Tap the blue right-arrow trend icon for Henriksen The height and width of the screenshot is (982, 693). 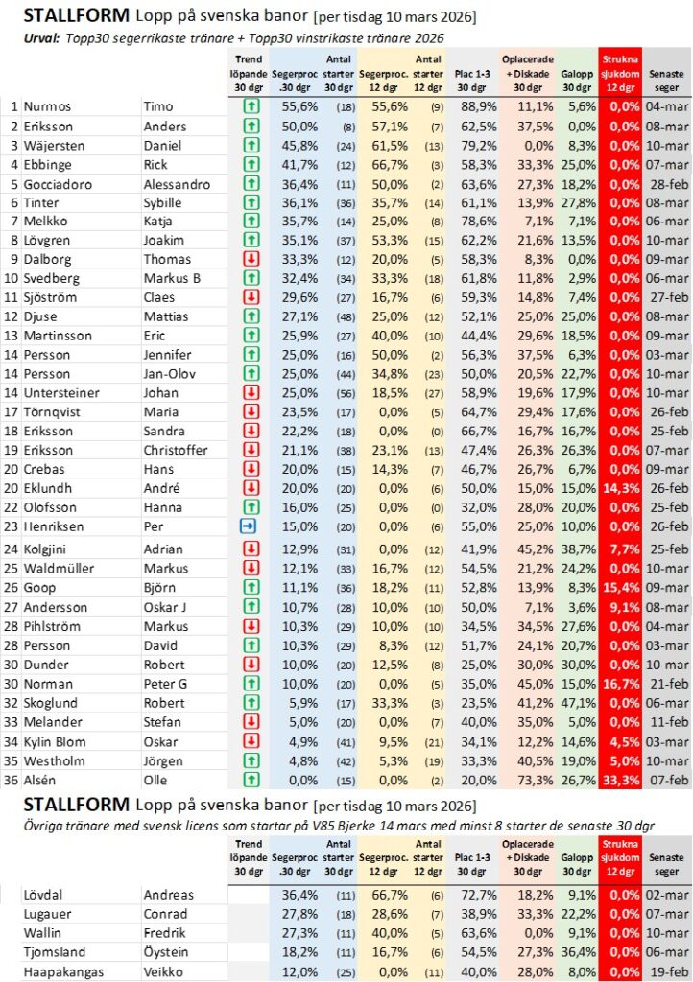tap(248, 526)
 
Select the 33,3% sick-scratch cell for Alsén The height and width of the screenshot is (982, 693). tap(620, 781)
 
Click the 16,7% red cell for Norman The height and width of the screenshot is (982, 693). tap(620, 684)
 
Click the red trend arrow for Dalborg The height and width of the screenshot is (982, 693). tap(248, 259)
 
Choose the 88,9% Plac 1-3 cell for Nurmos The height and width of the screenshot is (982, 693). tap(470, 106)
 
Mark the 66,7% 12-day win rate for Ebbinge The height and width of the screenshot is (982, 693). tap(382, 164)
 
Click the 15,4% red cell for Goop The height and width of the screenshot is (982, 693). tap(620, 588)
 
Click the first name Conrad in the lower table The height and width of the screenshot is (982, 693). tap(165, 914)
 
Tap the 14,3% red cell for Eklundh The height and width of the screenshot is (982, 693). tap(620, 488)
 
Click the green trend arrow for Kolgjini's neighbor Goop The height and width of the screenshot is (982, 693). tap(248, 588)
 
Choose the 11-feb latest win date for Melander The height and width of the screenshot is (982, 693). tap(666, 722)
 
